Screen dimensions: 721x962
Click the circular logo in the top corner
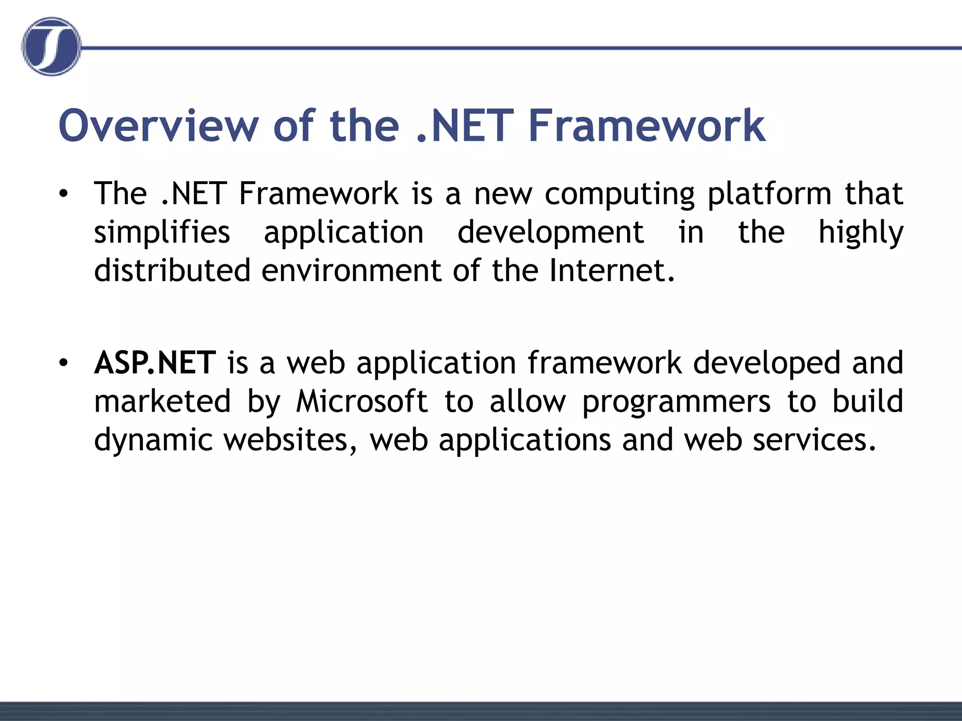pyautogui.click(x=51, y=46)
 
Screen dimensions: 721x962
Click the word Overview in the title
pyautogui.click(x=158, y=125)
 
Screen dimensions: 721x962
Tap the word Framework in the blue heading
pyautogui.click(x=647, y=125)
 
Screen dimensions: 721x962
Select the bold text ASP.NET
pyautogui.click(x=155, y=363)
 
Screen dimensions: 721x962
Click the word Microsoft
pyautogui.click(x=362, y=401)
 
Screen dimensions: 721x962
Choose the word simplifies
pyautogui.click(x=162, y=232)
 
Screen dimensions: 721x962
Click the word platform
pyautogui.click(x=769, y=194)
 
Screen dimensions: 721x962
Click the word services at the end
pyautogui.click(x=815, y=440)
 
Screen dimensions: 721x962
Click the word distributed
pyautogui.click(x=172, y=271)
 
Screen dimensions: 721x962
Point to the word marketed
pyautogui.click(x=163, y=401)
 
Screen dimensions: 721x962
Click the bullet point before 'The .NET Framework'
pyautogui.click(x=64, y=194)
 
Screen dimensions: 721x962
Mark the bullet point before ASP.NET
pyautogui.click(x=64, y=363)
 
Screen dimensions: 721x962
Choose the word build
pyautogui.click(x=868, y=401)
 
